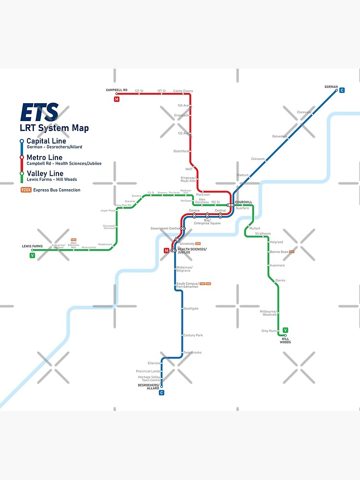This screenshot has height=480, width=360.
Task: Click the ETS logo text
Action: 39,113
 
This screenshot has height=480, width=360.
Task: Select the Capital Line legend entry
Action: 46,141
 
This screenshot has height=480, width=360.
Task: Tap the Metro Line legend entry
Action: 44,157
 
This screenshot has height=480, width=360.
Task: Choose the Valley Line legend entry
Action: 45,173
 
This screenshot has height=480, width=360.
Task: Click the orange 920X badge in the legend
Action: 26,190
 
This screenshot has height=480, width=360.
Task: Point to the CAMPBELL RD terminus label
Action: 117,90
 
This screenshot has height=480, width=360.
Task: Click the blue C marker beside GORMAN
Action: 342,90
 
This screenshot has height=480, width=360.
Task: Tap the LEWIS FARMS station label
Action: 32,246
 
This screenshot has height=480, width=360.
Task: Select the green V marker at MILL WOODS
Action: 285,330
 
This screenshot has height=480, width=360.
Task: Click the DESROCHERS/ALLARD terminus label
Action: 148,386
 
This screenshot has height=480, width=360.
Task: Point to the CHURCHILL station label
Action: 243,202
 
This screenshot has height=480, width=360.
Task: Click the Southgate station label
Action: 191,309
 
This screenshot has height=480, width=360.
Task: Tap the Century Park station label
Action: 193,336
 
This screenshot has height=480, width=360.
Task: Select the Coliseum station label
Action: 258,159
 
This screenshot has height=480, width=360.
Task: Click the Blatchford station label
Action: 181,151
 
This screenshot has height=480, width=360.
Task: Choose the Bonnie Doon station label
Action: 279,252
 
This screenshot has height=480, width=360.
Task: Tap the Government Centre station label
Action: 165,228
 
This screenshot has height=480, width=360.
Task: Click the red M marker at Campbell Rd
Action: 117,99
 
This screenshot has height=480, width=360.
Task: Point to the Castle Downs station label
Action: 183,91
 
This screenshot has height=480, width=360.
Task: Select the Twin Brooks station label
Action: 192,353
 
